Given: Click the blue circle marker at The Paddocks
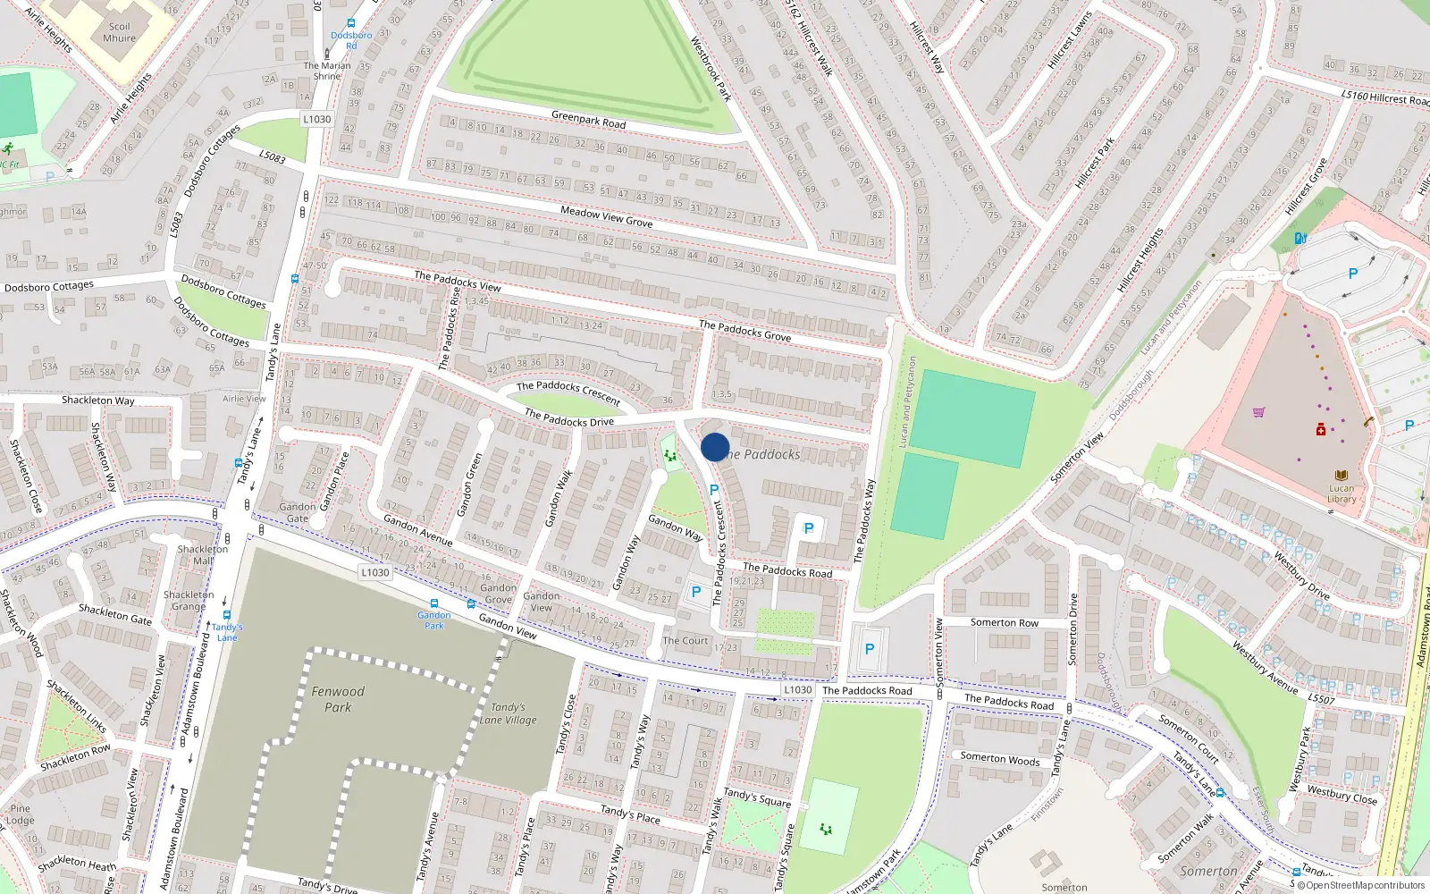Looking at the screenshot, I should pyautogui.click(x=715, y=447).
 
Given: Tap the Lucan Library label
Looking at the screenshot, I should pyautogui.click(x=1341, y=493).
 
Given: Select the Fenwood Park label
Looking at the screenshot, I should pyautogui.click(x=338, y=699).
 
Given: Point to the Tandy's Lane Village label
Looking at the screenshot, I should pyautogui.click(x=508, y=713).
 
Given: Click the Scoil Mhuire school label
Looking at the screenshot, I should pyautogui.click(x=119, y=32).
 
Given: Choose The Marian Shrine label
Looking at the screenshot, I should pyautogui.click(x=326, y=71).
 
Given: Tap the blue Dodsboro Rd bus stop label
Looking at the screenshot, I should pyautogui.click(x=350, y=40).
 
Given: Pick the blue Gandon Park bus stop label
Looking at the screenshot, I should pyautogui.click(x=433, y=620).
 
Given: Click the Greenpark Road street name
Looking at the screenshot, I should pyautogui.click(x=588, y=119).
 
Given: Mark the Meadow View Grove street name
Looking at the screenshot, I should pyautogui.click(x=606, y=216).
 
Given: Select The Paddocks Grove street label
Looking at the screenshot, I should pyautogui.click(x=744, y=331).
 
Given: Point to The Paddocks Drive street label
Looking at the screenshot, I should pyautogui.click(x=568, y=417).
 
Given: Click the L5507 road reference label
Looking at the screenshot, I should pyautogui.click(x=1321, y=699).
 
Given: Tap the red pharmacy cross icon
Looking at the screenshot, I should pyautogui.click(x=1321, y=430).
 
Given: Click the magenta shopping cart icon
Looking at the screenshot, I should pyautogui.click(x=1259, y=412).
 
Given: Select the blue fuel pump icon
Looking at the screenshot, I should pyautogui.click(x=1300, y=238).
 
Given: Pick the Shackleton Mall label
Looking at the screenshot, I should pyautogui.click(x=203, y=555).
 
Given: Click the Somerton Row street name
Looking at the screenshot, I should pyautogui.click(x=1004, y=623).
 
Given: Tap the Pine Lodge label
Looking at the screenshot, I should pyautogui.click(x=20, y=814).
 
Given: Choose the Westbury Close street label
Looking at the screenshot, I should pyautogui.click(x=1342, y=794).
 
